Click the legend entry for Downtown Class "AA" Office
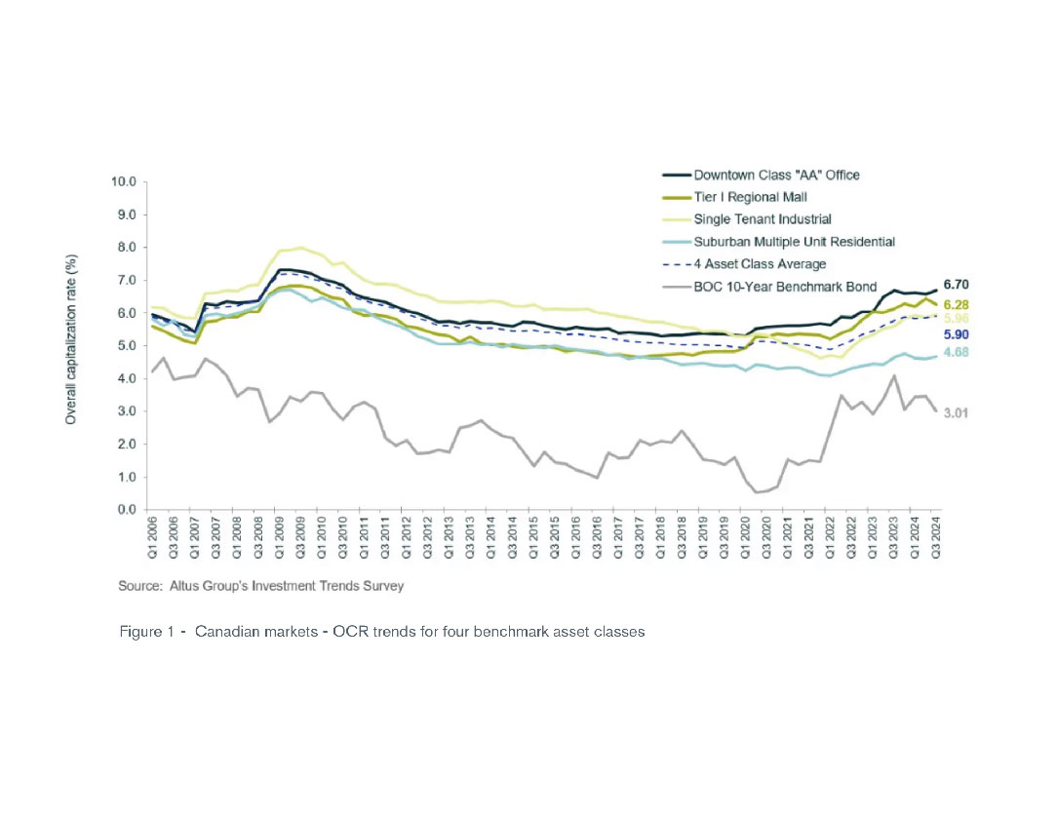776,175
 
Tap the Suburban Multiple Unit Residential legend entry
795,240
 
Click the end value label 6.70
957,284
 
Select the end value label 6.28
957,305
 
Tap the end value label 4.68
957,355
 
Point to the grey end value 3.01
957,412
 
